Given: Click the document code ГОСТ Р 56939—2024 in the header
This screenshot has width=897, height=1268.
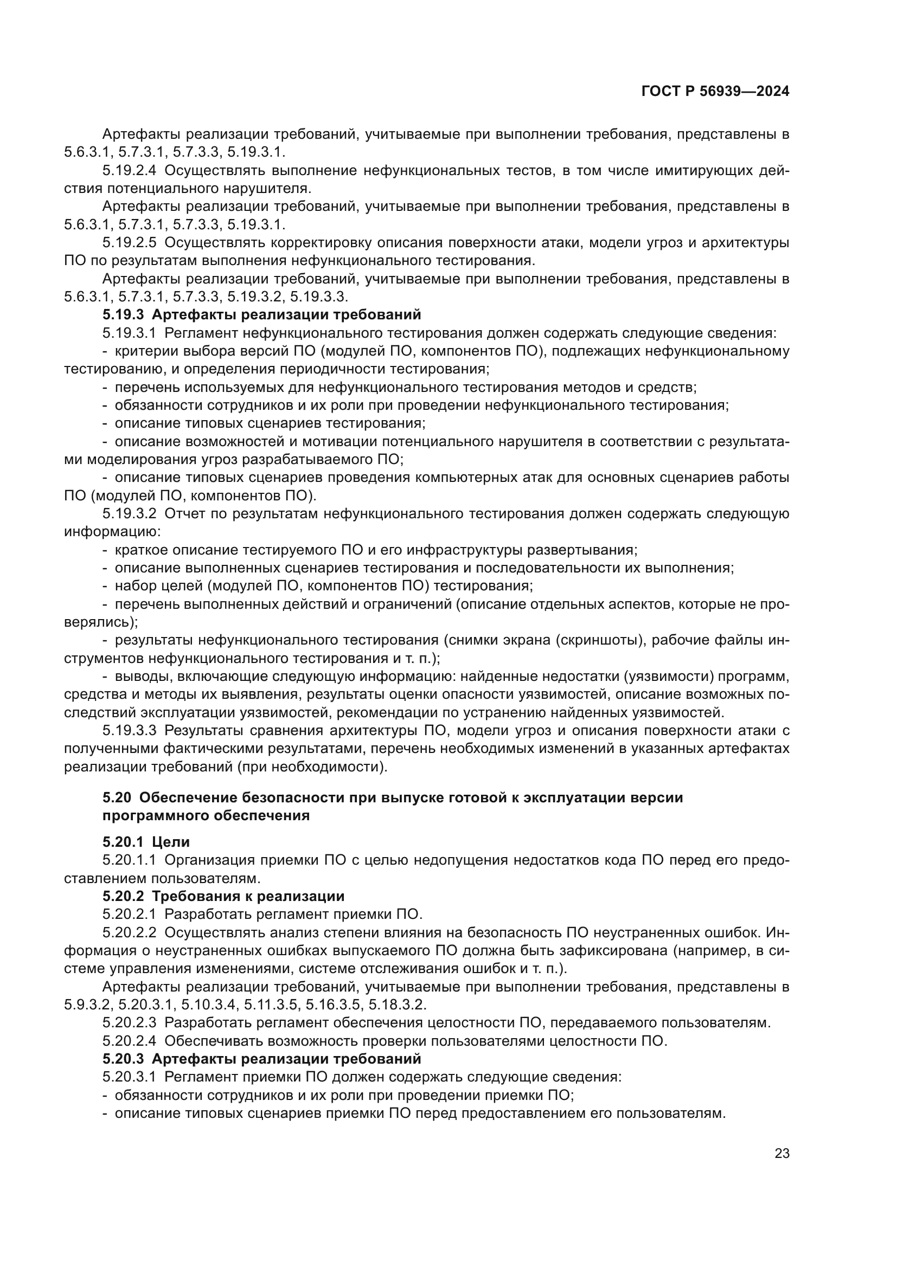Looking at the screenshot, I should pos(715,92).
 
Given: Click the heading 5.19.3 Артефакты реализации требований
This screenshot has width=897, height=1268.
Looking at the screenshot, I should pos(261,315).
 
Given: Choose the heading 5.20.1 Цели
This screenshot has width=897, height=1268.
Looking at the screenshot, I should pos(146,842).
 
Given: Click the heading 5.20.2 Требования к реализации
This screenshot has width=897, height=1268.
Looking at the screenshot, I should pos(223,896).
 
